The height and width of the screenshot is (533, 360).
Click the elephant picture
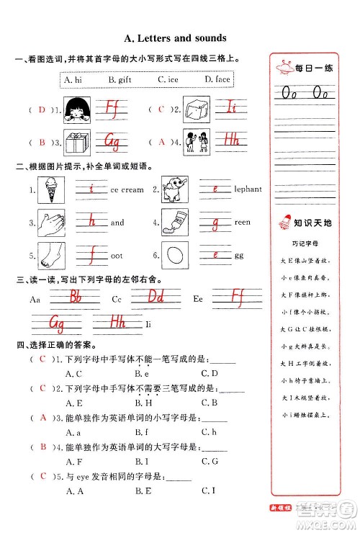coord(174,189)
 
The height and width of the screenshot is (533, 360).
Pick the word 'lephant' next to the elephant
coord(248,189)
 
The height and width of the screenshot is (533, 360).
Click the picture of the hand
coord(51,223)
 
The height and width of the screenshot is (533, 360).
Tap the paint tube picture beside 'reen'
coord(174,222)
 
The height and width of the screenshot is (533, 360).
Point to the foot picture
coord(51,255)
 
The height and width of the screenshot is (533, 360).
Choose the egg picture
coord(174,255)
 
